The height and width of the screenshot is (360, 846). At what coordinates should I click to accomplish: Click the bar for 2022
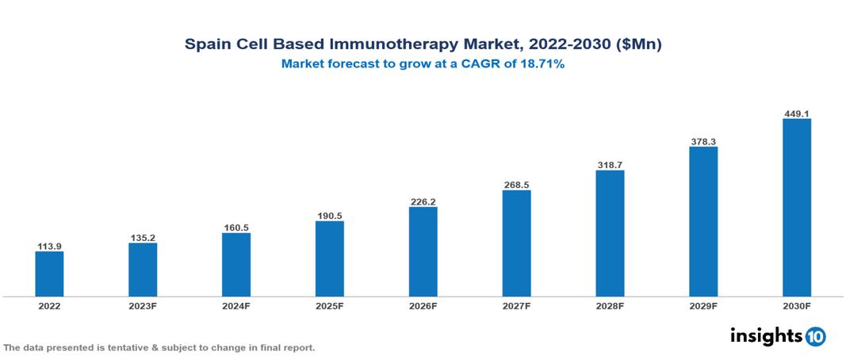pos(49,274)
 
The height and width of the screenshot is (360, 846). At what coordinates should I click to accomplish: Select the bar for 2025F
pos(329,259)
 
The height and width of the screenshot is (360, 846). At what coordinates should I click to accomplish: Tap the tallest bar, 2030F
pos(796,208)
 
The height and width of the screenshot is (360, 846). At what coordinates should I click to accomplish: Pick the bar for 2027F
pos(516,243)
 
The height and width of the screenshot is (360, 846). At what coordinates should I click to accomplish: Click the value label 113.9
pos(49,245)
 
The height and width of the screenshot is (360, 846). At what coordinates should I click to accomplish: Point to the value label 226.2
pos(423,201)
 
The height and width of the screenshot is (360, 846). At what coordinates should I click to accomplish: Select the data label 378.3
pos(703,141)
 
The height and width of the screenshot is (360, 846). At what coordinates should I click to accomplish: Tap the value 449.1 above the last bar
pos(796,113)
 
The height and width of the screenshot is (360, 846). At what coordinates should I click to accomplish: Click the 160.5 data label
pos(236,228)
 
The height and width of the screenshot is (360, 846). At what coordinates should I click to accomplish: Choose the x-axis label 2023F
pos(143,306)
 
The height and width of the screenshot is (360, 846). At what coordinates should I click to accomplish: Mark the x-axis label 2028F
pos(610,306)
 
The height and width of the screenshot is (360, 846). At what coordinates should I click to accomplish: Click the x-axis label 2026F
pos(423,306)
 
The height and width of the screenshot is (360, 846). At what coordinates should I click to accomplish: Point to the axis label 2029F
pos(703,306)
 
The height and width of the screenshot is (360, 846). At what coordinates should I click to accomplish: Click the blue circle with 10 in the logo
pos(815,337)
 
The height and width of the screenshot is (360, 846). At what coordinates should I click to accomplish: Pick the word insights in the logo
pos(766,336)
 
